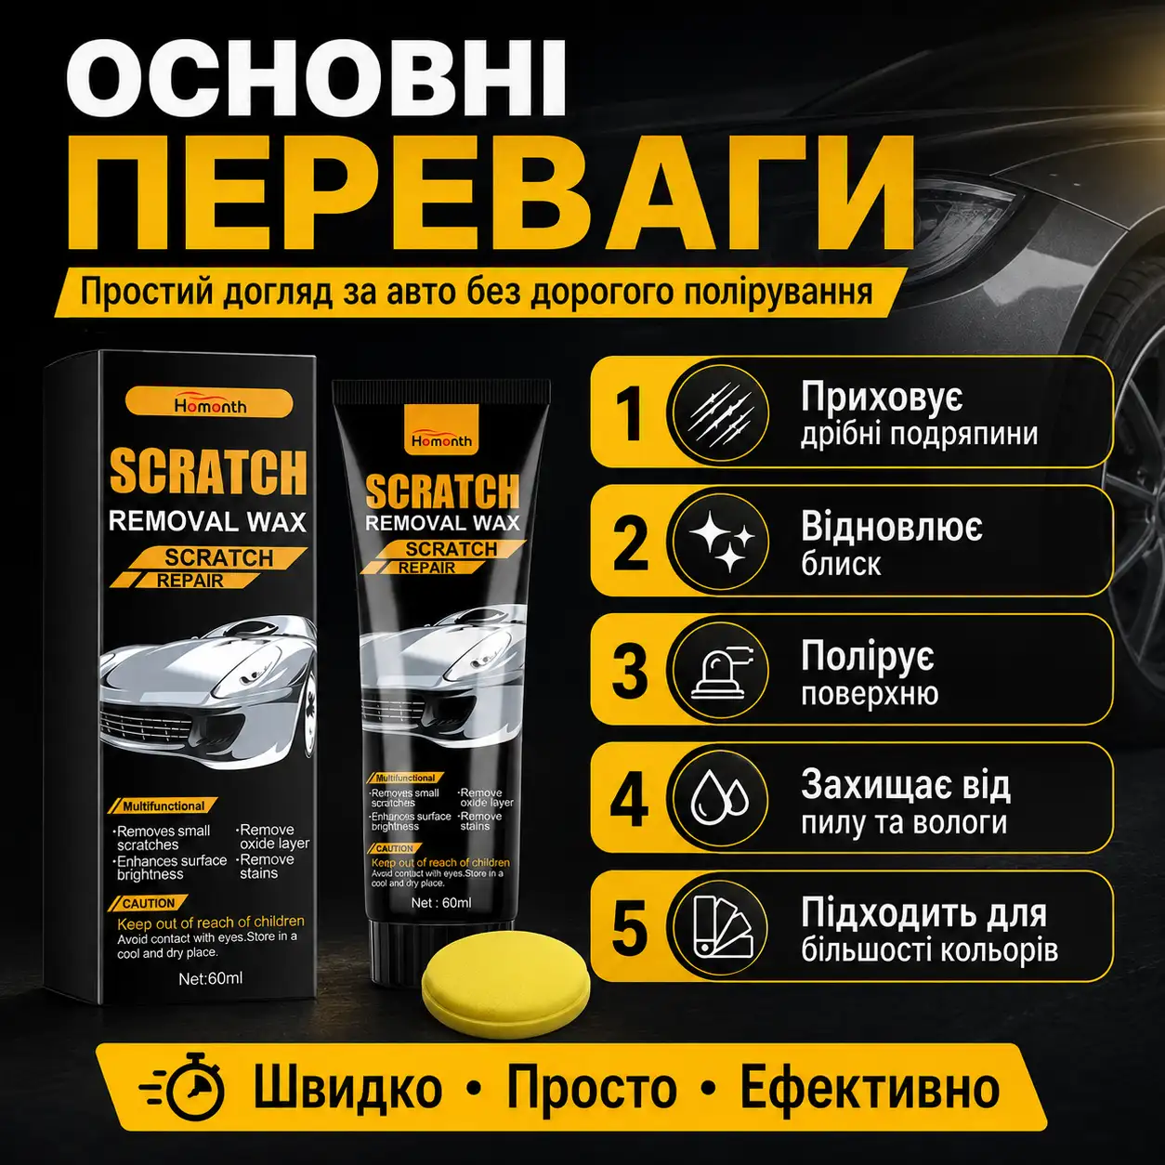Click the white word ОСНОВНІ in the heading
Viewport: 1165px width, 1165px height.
pos(316,79)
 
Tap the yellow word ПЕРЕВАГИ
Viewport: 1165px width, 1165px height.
pos(490,195)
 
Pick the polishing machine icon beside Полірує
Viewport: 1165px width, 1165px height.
pos(722,671)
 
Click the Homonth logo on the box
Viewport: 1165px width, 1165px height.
pos(209,404)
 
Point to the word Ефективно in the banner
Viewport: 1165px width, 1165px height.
pos(870,1088)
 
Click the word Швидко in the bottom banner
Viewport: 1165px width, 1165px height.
pos(347,1088)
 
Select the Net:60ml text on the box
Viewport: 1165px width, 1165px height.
pos(210,978)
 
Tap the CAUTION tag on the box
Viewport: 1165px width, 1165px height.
pos(148,903)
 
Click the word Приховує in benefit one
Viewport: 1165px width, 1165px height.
pos(882,398)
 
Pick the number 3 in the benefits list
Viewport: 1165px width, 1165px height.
pos(629,671)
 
